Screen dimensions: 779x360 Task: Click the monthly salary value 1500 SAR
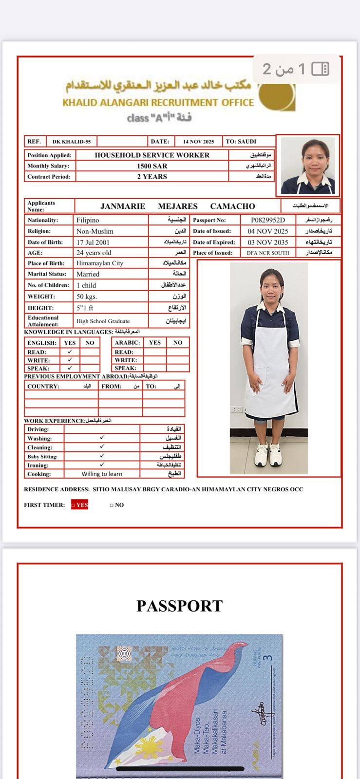[x=152, y=166]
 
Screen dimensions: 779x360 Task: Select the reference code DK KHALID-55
[x=72, y=142]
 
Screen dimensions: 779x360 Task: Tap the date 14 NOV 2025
[x=198, y=142]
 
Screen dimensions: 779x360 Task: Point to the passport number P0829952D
[x=268, y=220]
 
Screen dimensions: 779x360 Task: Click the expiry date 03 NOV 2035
[x=268, y=242]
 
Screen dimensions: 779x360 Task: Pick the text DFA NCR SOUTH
[x=268, y=253]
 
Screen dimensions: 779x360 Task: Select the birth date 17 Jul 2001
[x=93, y=242]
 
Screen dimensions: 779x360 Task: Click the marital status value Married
[x=88, y=274]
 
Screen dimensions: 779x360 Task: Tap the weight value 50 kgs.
[x=87, y=296]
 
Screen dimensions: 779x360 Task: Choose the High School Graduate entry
[x=103, y=321]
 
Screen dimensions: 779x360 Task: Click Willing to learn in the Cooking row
[x=102, y=474]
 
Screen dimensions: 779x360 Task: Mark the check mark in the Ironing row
[x=102, y=465]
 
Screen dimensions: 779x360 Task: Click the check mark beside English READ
[x=70, y=352]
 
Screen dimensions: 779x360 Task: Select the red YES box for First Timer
[x=80, y=505]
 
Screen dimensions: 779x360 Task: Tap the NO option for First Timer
[x=117, y=505]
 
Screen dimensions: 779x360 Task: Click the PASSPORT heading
[x=179, y=606]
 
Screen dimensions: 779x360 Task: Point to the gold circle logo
[x=276, y=95]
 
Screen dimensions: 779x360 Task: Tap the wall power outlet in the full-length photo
[x=237, y=409]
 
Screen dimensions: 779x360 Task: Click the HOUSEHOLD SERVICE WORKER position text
[x=152, y=155]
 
